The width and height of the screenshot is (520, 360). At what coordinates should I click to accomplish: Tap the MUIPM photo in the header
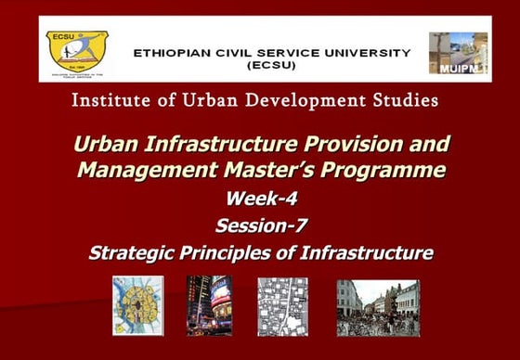[458, 53]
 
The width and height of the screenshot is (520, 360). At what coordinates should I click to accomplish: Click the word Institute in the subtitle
[109, 99]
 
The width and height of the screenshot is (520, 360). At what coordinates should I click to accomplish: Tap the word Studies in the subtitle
[406, 99]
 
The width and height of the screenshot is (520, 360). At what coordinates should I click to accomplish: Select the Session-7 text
[261, 225]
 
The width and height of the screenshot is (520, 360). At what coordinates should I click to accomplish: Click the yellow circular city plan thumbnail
[137, 305]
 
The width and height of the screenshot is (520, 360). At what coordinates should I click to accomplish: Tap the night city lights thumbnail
[209, 305]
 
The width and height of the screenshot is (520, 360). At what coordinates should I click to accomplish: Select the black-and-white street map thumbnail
[282, 306]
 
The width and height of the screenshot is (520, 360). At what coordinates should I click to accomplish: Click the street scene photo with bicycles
[378, 307]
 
